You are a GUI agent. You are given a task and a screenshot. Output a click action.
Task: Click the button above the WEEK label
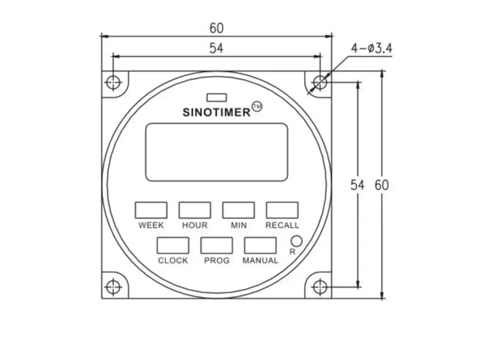(x=151, y=210)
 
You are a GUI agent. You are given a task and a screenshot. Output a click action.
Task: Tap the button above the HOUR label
(x=195, y=210)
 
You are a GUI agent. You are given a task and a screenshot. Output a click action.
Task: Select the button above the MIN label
(x=238, y=210)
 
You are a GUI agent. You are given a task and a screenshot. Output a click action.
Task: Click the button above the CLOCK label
(x=173, y=245)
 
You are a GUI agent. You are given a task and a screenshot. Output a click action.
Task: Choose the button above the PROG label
(x=216, y=245)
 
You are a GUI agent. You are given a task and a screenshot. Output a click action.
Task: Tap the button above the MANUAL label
(x=260, y=245)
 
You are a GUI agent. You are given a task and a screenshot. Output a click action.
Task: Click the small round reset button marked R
(x=296, y=241)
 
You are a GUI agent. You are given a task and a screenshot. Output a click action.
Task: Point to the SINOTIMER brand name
(x=216, y=112)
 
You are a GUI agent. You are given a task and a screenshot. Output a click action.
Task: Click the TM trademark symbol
(x=257, y=107)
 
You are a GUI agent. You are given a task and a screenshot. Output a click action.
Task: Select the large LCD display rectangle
(x=216, y=152)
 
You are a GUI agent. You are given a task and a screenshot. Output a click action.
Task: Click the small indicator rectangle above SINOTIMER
(x=216, y=97)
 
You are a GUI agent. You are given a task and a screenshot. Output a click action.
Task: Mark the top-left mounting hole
(x=113, y=82)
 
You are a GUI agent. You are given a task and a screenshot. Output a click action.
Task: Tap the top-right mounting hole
(x=320, y=82)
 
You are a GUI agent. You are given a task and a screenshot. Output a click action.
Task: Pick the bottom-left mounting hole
(x=113, y=287)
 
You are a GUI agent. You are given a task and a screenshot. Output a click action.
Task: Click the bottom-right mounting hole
(x=320, y=287)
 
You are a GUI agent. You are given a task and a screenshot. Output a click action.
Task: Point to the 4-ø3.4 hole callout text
(x=371, y=49)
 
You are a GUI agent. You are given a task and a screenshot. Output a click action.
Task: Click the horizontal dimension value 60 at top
(x=216, y=28)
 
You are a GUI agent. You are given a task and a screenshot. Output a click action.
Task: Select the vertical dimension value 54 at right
(x=357, y=185)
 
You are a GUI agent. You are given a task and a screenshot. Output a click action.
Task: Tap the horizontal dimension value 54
(x=216, y=48)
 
